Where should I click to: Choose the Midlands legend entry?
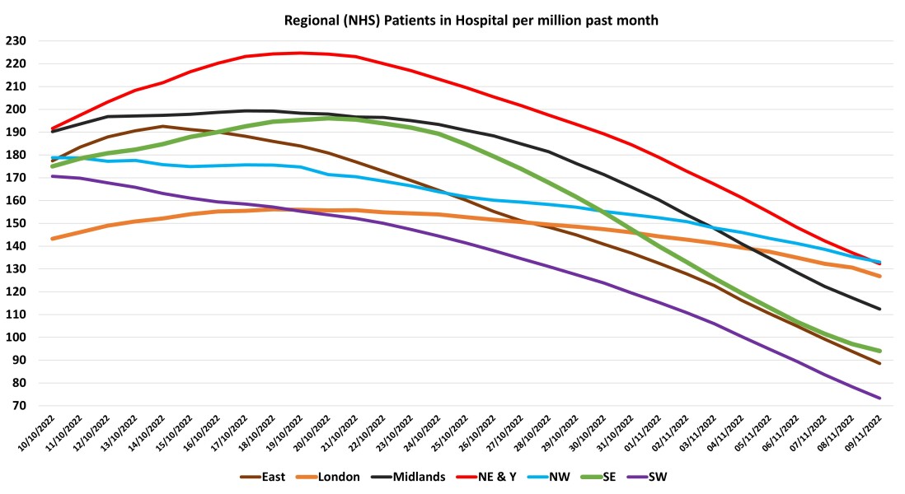[416, 477]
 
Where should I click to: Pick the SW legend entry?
[657, 477]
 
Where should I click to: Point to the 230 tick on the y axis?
[16, 40]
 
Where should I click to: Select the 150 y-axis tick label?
[16, 223]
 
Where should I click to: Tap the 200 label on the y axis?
[16, 109]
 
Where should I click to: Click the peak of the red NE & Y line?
[301, 53]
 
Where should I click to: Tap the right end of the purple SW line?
[880, 398]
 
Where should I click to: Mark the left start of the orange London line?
[51, 239]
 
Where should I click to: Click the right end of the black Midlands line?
[880, 309]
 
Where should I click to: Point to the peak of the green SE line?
[329, 118]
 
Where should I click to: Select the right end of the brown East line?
[880, 363]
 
